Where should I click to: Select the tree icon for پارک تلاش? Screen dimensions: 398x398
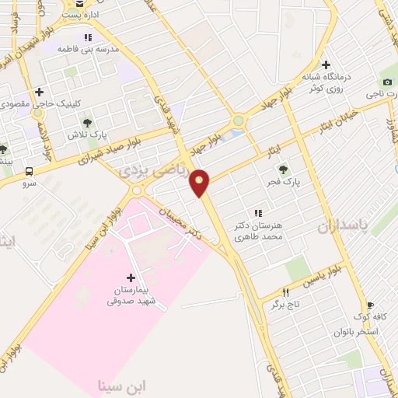coord(86,123)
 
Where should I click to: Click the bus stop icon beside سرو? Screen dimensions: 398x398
coord(30,170)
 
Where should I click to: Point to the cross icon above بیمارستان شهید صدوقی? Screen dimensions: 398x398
coord(130,278)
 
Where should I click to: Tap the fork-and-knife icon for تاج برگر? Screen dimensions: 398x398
coord(286,292)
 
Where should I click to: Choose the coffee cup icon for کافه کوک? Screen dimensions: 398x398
coord(369,305)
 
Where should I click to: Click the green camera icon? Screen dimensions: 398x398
coord(387,82)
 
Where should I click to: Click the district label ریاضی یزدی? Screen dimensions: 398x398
coord(152,172)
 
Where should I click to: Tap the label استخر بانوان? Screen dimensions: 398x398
coord(356,332)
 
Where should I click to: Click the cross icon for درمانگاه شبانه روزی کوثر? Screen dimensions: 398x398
coord(326,65)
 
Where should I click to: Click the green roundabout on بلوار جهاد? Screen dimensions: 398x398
coord(238,121)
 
